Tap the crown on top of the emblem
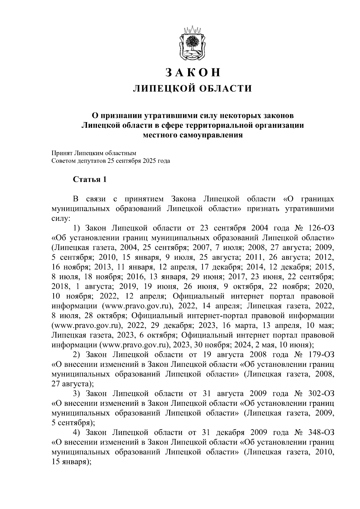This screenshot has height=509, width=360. [192, 30]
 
